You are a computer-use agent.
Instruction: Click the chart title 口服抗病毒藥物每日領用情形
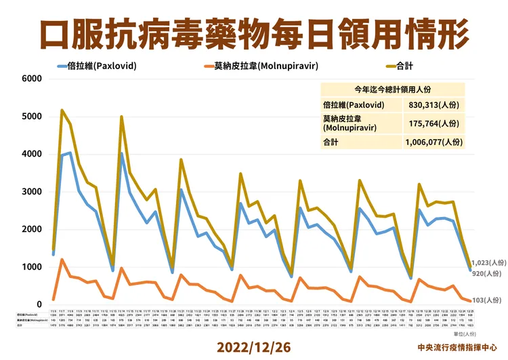(253, 31)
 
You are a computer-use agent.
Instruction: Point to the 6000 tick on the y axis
(32, 79)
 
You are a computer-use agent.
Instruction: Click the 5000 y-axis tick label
(32, 117)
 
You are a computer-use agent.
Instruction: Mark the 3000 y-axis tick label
(32, 192)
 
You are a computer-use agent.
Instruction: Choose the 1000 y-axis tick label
(32, 267)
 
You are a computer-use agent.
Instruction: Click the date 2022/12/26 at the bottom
(253, 346)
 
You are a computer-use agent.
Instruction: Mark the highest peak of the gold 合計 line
(62, 110)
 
